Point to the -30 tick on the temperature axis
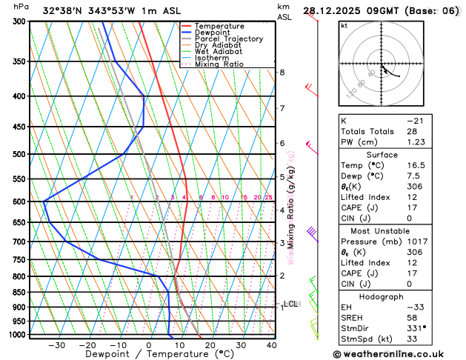tap(56, 345)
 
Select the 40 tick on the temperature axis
tap(272, 345)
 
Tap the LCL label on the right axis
tap(291, 304)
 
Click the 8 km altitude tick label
tap(282, 72)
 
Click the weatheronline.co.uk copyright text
tap(399, 353)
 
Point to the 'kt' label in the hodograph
tap(344, 25)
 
